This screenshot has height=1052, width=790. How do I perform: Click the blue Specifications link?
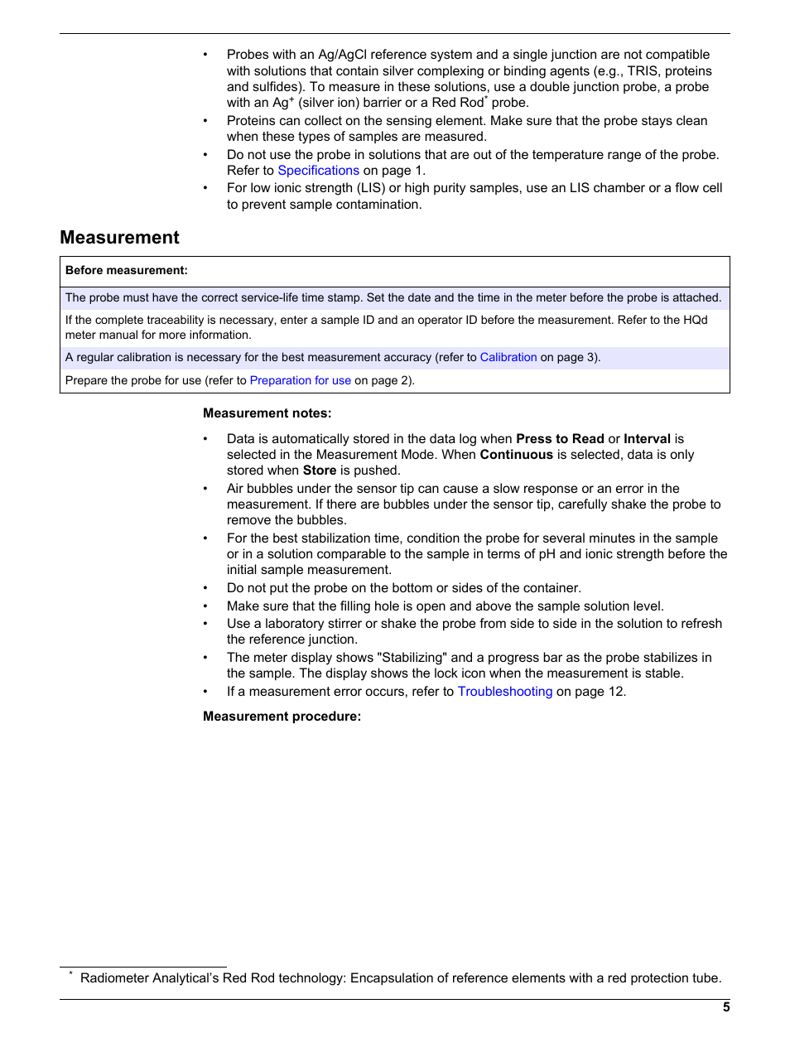pos(318,171)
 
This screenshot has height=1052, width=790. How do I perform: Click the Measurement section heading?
pos(119,238)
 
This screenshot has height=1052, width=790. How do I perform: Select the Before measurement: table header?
pos(127,270)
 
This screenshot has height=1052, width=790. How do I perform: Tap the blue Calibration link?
pos(508,358)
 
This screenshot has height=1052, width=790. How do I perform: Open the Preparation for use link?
pos(300,381)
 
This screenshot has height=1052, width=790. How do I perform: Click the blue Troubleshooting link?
pos(504,692)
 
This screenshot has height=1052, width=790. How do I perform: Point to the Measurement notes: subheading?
pos(267,413)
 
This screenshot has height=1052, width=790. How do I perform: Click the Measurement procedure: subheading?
pos(282,717)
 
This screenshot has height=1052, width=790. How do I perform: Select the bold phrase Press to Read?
pos(560,439)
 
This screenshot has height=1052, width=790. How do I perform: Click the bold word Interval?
pos(647,439)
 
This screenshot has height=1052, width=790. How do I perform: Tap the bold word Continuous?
pos(516,455)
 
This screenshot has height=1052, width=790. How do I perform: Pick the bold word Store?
pos(319,471)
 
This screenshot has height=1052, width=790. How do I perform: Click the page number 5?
pos(726,1007)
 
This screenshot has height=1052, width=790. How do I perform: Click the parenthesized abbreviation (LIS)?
pos(371,188)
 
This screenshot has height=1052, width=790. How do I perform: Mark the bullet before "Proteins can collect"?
pos(205,121)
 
